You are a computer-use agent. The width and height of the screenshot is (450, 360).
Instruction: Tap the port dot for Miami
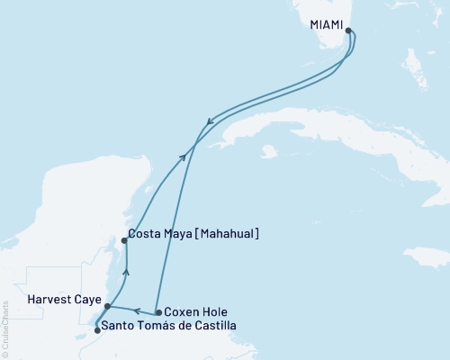tap(348, 31)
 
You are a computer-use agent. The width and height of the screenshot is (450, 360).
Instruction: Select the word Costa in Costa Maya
tap(146, 235)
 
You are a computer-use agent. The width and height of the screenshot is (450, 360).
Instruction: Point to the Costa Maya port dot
tap(124, 240)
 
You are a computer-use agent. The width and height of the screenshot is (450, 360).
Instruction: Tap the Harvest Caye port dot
tap(107, 306)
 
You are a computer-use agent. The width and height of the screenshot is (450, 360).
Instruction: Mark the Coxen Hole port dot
tap(158, 313)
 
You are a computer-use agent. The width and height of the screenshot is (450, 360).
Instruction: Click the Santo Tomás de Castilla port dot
tap(97, 330)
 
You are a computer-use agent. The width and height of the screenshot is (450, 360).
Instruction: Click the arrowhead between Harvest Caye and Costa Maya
tap(126, 271)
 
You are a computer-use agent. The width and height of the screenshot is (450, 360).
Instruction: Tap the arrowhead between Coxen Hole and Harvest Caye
tap(137, 310)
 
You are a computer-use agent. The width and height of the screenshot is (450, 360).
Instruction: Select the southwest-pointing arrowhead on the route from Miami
tap(210, 122)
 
